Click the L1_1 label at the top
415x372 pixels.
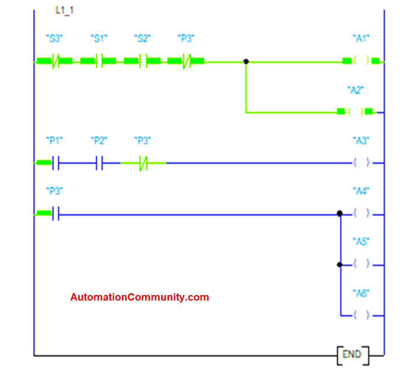[x=64, y=10]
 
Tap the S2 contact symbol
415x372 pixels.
[x=142, y=61]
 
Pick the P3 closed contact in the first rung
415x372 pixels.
[x=186, y=61]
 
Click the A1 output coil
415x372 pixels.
[x=361, y=61]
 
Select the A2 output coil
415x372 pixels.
[x=355, y=111]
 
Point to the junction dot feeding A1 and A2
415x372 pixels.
[x=246, y=61]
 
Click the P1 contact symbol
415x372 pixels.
[x=55, y=163]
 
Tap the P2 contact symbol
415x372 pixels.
[x=99, y=163]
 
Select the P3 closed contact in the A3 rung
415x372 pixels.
[x=143, y=163]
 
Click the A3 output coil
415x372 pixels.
[x=361, y=163]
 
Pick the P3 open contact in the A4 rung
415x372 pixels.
[x=55, y=214]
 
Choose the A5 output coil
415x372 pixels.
[x=361, y=264]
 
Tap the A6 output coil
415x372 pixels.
[x=361, y=315]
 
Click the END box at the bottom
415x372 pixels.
[x=353, y=355]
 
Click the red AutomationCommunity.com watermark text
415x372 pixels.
[x=139, y=297]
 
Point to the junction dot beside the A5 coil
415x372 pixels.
[x=339, y=265]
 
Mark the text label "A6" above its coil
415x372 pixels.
[x=361, y=294]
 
